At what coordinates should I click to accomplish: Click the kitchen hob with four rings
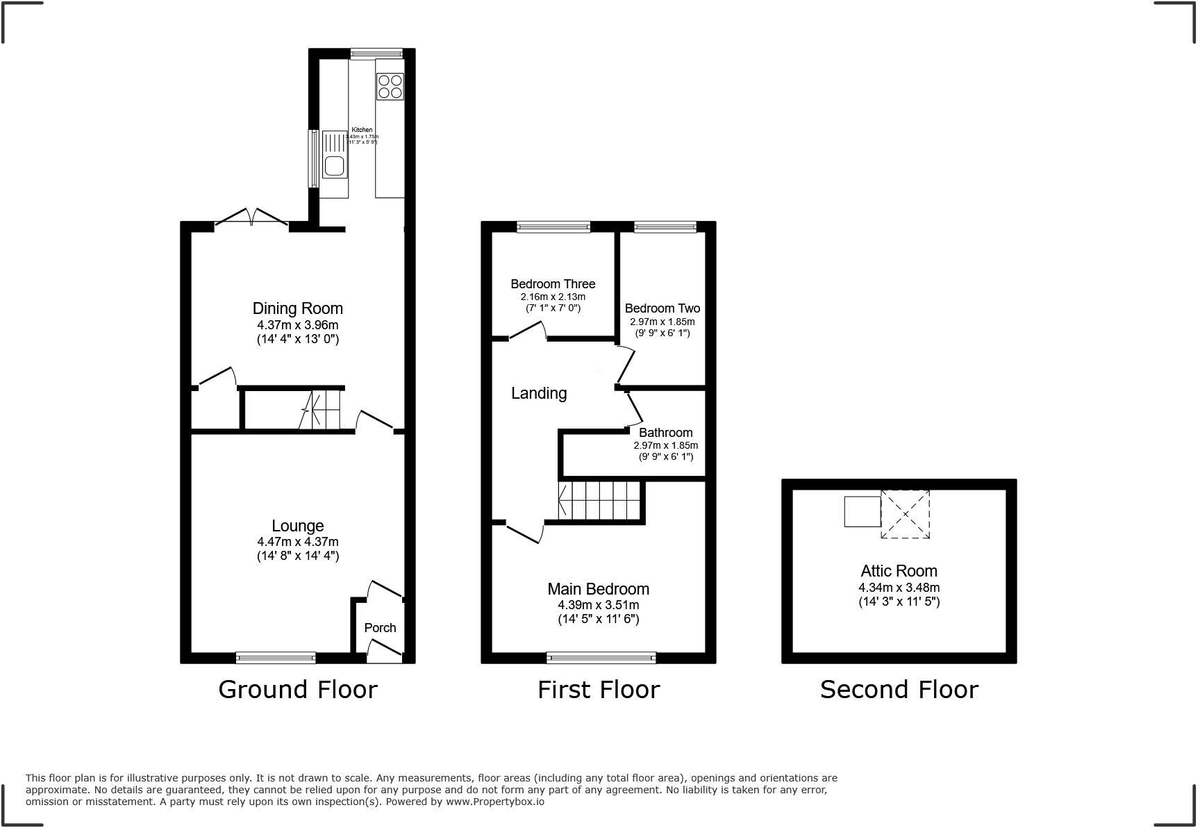pos(390,86)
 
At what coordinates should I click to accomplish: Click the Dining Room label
pos(297,308)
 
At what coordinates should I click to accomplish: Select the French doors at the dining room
pos(251,218)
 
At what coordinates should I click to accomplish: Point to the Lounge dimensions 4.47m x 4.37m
pos(297,542)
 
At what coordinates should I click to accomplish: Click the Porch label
pos(380,628)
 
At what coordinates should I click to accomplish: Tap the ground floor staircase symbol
pos(323,410)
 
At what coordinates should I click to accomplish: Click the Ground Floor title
pos(297,690)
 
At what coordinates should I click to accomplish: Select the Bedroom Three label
pos(553,284)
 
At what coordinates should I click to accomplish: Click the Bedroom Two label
pos(662,308)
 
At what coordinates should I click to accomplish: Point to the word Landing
pos(539,393)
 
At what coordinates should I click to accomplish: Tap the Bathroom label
pos(665,433)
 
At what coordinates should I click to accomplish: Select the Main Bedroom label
pos(598,589)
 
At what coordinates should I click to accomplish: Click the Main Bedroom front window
pos(601,657)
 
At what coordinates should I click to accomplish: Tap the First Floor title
pos(598,690)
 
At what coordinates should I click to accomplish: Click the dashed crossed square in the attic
pos(905,514)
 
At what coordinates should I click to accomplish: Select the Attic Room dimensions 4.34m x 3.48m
pos(899,588)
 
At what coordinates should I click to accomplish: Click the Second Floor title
pos(899,690)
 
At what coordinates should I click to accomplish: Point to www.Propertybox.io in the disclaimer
pos(494,802)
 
